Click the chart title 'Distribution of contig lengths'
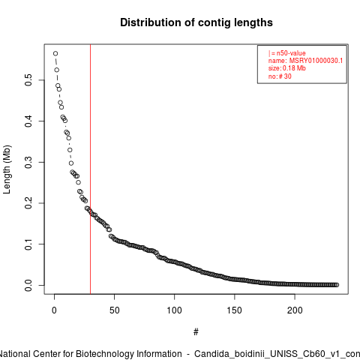click(x=196, y=22)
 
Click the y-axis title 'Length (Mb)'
click(x=7, y=169)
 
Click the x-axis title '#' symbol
click(x=196, y=332)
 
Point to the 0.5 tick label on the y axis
click(x=28, y=80)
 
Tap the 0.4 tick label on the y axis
click(x=28, y=121)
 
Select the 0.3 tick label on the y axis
click(x=28, y=162)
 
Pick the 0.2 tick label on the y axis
click(x=28, y=203)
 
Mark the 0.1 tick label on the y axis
click(x=28, y=244)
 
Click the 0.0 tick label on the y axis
click(x=28, y=285)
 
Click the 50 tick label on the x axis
click(x=114, y=310)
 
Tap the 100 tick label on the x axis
click(x=174, y=310)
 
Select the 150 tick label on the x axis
click(x=235, y=310)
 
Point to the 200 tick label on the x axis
click(x=295, y=310)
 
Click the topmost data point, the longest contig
click(x=55, y=53)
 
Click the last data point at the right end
click(x=337, y=285)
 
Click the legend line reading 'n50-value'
click(x=286, y=53)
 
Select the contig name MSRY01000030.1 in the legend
click(x=316, y=61)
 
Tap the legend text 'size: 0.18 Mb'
click(x=287, y=68)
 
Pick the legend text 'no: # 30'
click(x=280, y=76)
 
